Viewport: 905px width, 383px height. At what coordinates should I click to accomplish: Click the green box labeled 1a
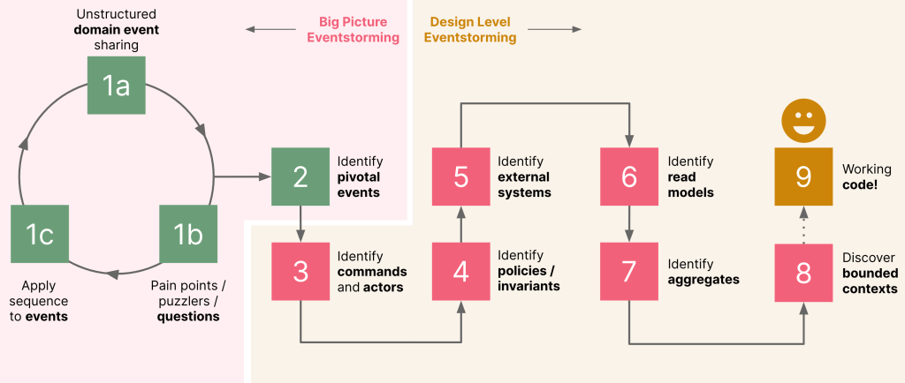pos(116,86)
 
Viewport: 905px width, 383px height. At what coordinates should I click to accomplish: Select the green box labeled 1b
pos(187,235)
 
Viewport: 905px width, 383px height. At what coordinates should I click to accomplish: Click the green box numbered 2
pos(300,176)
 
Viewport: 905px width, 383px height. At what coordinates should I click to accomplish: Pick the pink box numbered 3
pos(300,273)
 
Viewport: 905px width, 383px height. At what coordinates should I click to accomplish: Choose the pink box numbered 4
pos(461,273)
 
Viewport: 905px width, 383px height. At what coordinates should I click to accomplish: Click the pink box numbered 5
pos(461,176)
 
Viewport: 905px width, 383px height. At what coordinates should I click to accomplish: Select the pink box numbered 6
pos(629,176)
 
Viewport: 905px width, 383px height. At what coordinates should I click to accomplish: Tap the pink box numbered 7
pos(629,273)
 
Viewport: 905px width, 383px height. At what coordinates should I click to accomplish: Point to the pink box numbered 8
pos(803,273)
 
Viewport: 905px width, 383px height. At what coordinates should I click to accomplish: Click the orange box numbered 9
pos(803,176)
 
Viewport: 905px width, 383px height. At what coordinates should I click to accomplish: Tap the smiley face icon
pos(803,121)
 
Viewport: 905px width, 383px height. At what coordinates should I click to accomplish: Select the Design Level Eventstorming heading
pos(472,30)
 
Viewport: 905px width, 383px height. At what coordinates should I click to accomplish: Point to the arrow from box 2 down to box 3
pos(300,224)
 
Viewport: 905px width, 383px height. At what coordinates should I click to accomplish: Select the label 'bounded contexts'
pos(870,281)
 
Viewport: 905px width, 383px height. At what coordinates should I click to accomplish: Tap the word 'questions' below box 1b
pos(188,316)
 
